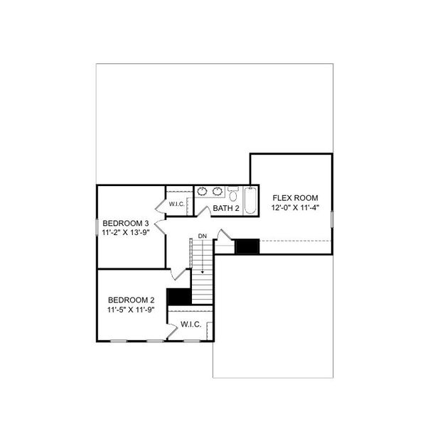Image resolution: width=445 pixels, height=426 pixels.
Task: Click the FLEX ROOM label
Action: pos(294,197)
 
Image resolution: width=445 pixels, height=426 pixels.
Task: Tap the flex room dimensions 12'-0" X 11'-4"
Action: pos(294,208)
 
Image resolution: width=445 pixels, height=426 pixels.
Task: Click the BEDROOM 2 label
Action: pos(131,300)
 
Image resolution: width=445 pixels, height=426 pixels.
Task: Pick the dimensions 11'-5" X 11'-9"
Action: pos(131,310)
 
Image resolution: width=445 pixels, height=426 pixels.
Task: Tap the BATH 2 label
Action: pos(227,208)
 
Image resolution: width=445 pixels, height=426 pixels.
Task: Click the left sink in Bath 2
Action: pos(202,191)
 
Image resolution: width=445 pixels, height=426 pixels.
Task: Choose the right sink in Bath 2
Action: pos(217,191)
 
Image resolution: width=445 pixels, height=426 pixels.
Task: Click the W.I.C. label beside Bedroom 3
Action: pos(177,204)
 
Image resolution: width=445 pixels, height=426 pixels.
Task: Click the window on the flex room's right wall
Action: pos(332,216)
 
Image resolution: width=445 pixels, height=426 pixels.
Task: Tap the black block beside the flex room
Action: pos(247,246)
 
